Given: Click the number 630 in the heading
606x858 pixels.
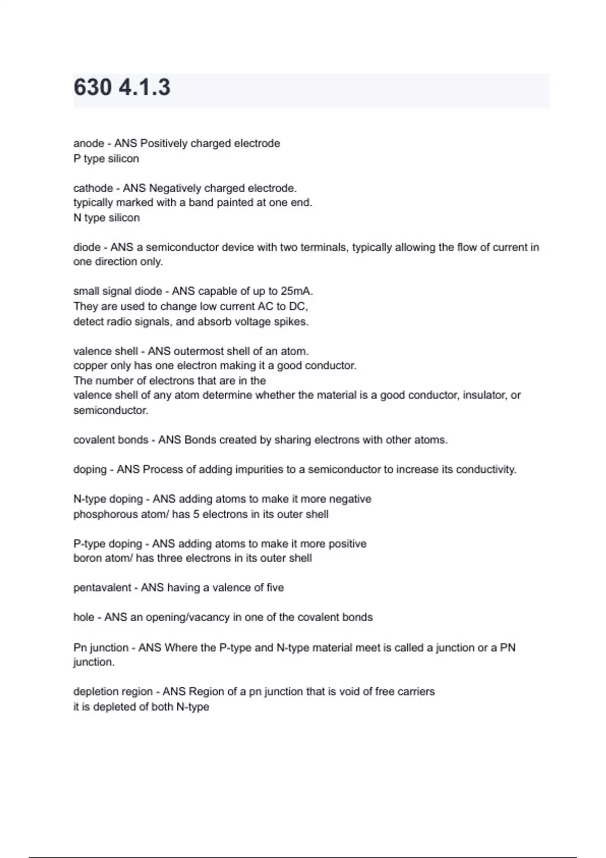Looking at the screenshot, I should pos(92,87).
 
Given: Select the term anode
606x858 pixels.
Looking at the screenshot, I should pos(89,144).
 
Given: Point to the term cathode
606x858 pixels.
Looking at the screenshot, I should pos(93,188).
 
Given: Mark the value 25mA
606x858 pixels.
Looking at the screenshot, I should pos(297,291).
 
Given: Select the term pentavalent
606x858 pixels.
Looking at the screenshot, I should pos(102,588).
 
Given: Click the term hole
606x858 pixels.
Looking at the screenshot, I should pos(84,617).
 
